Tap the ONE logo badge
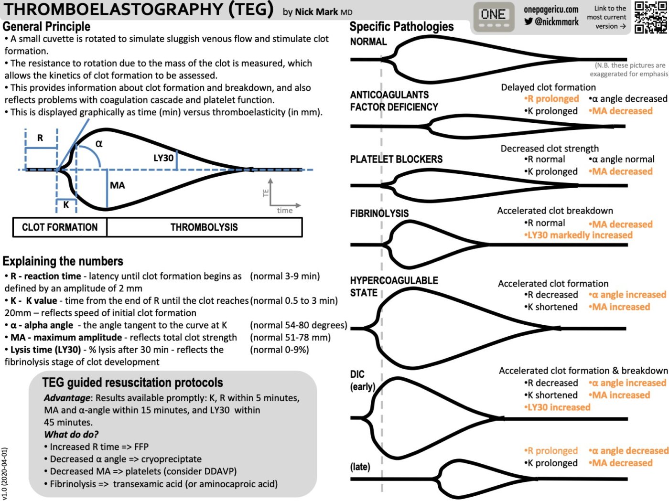(x=493, y=17)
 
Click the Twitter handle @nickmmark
(x=551, y=21)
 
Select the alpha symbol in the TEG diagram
(x=99, y=143)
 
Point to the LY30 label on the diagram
(x=163, y=158)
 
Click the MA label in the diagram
(x=117, y=185)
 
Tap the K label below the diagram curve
(x=66, y=205)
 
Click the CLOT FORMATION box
(x=60, y=227)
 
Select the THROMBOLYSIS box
(x=204, y=227)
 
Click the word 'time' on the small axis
(x=285, y=211)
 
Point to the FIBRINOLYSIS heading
(x=379, y=213)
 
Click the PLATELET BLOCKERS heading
(x=396, y=160)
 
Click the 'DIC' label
(x=357, y=374)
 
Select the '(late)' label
(x=360, y=467)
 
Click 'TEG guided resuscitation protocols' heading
(x=132, y=383)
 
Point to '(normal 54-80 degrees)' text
(x=299, y=325)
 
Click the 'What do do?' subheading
(x=71, y=434)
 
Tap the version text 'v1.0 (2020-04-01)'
(x=4, y=473)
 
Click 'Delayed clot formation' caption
(x=548, y=87)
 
